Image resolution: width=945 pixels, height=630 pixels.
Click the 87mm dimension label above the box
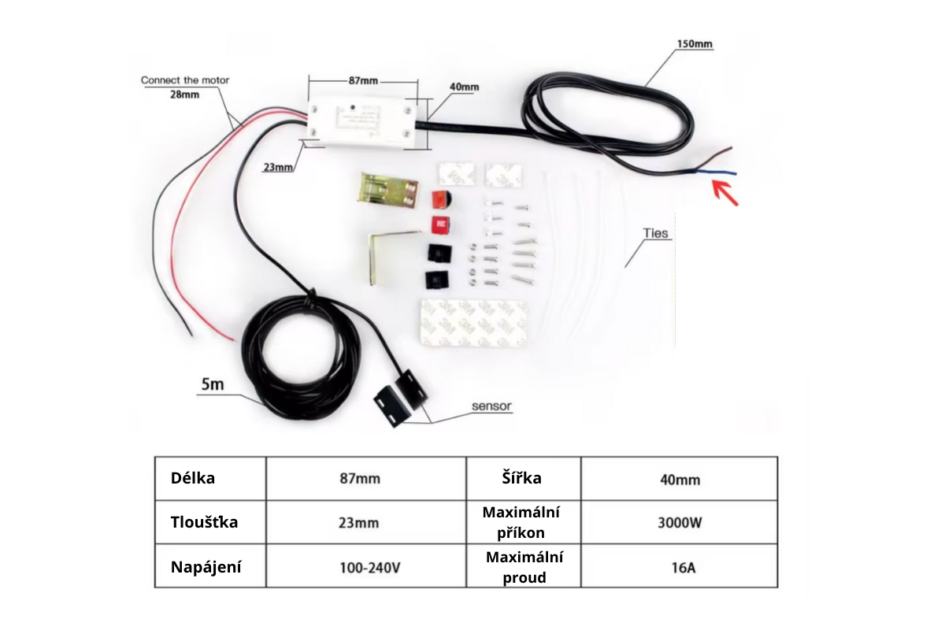tap(363, 80)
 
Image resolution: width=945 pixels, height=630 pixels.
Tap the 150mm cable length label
tap(695, 44)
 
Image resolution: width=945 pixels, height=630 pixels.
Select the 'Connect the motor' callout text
tap(185, 80)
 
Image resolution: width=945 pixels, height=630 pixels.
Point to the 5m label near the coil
tap(213, 385)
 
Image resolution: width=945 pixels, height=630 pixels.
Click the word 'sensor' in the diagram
tap(491, 406)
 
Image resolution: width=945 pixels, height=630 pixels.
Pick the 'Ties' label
tap(655, 234)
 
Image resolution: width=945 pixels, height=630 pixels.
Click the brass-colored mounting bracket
tap(387, 191)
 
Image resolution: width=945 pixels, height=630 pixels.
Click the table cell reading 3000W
tap(679, 522)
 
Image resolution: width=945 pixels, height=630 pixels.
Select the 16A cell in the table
tap(679, 567)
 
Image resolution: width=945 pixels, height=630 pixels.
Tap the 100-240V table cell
tap(366, 567)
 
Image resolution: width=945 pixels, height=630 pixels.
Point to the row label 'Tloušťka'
tap(204, 522)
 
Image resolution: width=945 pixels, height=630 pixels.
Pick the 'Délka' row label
tap(193, 478)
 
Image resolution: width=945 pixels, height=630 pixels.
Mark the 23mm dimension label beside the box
tap(279, 167)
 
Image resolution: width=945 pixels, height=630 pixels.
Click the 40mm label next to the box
tap(464, 87)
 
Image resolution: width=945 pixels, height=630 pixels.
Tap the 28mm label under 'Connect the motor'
tap(183, 94)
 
